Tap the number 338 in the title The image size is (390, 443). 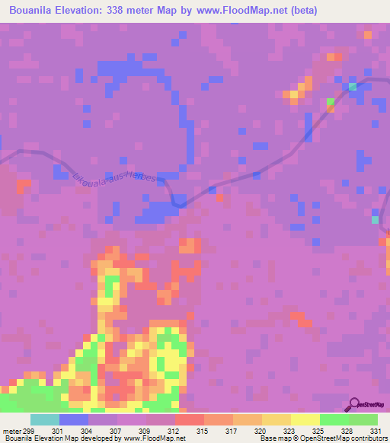coord(127,10)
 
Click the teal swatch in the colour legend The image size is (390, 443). coord(45,419)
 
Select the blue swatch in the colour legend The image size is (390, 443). coord(74,419)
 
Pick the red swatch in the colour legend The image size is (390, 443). coord(190,419)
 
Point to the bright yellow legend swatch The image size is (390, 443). coord(305,419)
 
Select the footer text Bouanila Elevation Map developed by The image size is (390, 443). coord(61,438)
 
